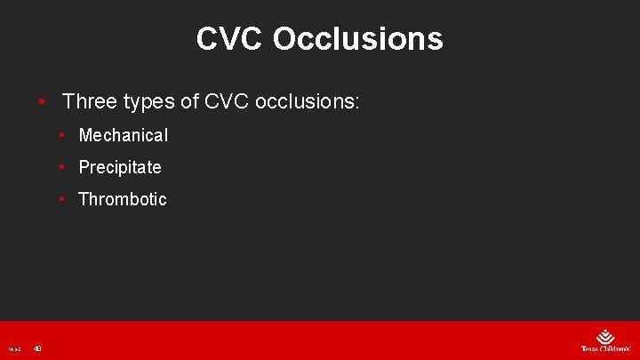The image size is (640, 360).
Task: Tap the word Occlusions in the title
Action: click(357, 39)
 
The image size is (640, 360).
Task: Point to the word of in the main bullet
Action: click(190, 101)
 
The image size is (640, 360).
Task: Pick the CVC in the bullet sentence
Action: click(227, 101)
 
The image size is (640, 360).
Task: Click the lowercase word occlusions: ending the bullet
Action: click(307, 101)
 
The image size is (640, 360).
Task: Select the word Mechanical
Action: click(123, 135)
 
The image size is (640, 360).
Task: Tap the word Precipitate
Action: click(120, 167)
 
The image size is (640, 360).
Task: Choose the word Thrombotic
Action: click(123, 199)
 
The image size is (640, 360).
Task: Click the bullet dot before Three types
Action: click(42, 102)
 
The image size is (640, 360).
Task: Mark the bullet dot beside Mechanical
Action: click(62, 136)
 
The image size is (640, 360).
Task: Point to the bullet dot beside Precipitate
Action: click(62, 168)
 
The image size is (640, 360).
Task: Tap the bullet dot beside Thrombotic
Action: click(62, 200)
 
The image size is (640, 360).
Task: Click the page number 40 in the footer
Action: click(37, 348)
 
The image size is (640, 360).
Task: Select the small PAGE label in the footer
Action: click(14, 348)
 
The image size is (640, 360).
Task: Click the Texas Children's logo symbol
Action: click(605, 337)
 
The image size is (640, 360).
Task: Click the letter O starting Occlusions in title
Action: click(286, 39)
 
